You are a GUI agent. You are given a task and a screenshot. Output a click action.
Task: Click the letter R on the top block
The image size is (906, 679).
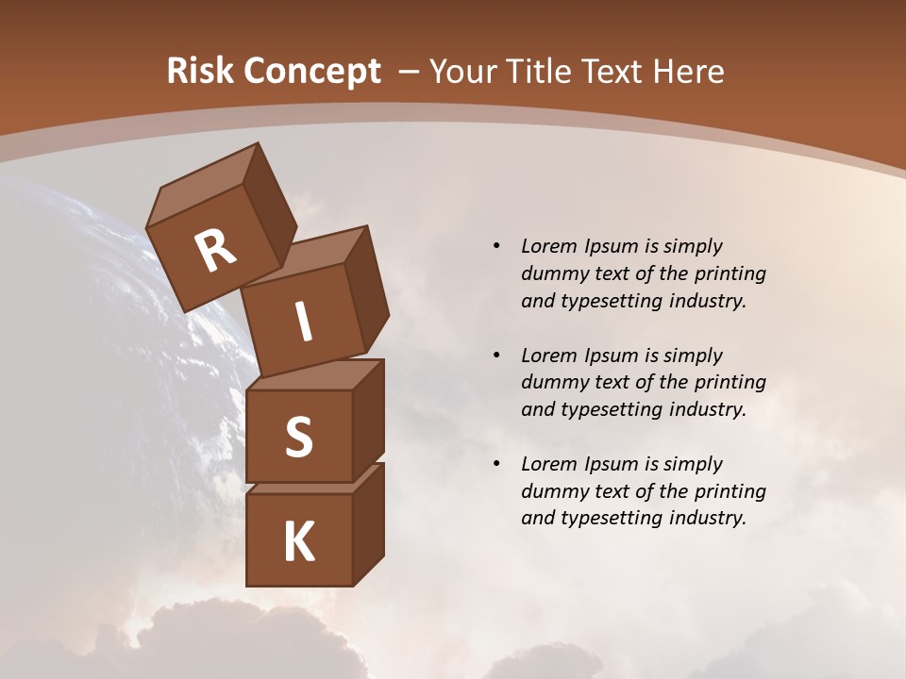click(x=215, y=252)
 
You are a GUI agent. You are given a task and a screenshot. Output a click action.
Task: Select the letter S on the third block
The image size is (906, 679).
click(x=298, y=437)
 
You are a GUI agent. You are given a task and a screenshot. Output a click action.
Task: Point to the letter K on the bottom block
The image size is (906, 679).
click(x=298, y=542)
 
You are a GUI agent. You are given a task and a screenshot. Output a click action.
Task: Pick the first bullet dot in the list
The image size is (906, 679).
click(x=497, y=246)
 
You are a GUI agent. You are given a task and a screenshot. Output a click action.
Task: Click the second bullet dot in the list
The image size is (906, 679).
click(x=497, y=356)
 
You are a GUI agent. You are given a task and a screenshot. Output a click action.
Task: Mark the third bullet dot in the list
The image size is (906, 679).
click(x=497, y=464)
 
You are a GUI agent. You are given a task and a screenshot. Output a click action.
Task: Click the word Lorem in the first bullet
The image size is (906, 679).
click(x=548, y=246)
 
